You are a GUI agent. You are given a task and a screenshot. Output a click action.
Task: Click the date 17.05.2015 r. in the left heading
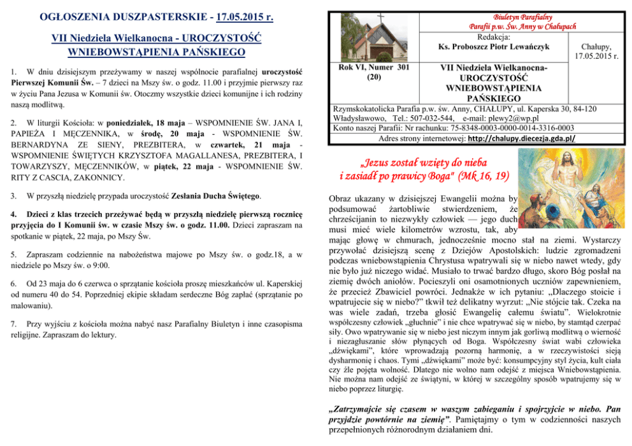point(240,15)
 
